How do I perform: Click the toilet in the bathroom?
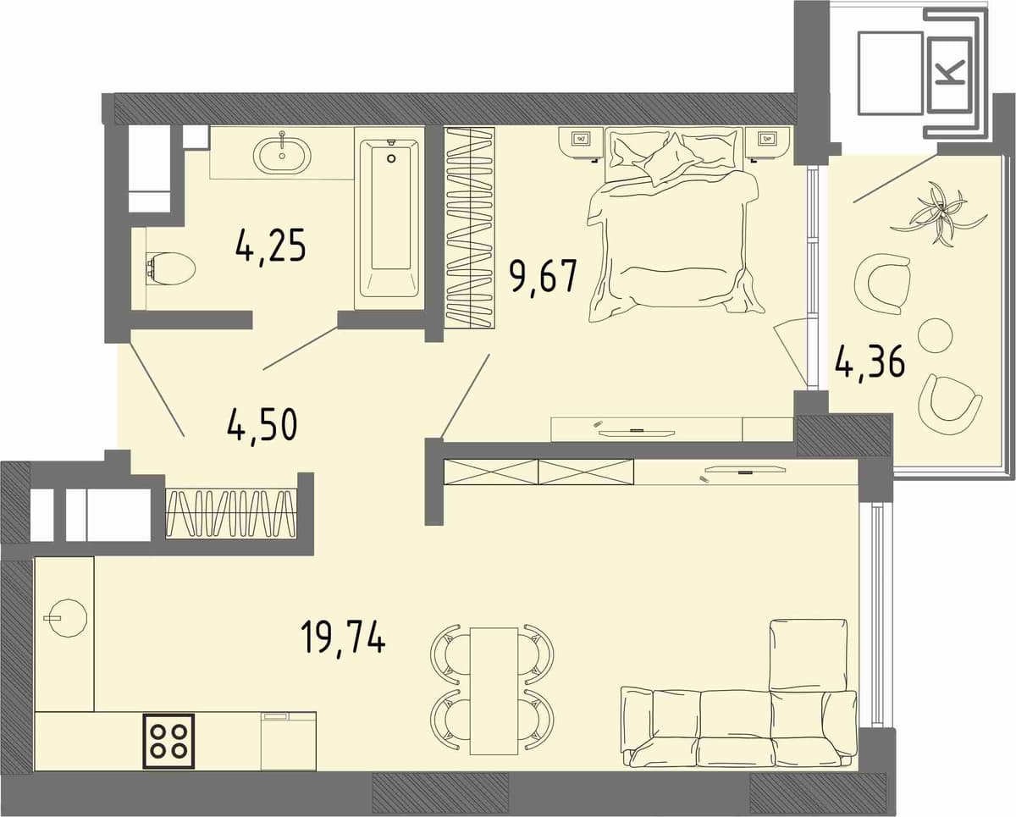(x=170, y=269)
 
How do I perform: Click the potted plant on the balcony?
(x=939, y=213)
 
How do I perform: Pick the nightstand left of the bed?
(x=581, y=141)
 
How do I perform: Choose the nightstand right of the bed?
(x=769, y=141)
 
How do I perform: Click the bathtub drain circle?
(x=391, y=158)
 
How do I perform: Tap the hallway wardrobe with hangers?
(x=231, y=513)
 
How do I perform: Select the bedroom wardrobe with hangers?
(x=470, y=227)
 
